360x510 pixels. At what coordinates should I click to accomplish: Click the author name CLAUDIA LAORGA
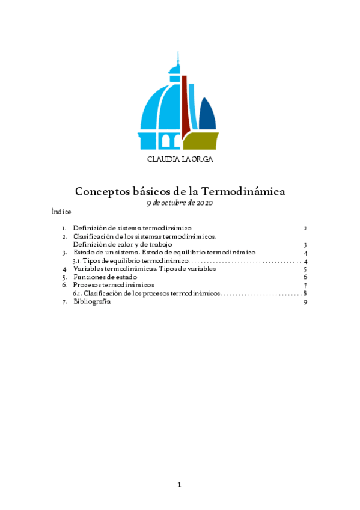(180, 160)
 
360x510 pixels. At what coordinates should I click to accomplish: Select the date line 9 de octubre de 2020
(180, 203)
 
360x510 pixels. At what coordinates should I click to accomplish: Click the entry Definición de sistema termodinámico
(132, 229)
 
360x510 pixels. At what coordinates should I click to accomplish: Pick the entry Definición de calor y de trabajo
(123, 245)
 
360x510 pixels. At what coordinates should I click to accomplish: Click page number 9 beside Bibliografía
(305, 303)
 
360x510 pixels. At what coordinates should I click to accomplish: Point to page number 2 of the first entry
(305, 229)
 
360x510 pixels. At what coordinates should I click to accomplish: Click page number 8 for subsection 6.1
(305, 293)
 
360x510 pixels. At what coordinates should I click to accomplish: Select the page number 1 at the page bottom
(179, 485)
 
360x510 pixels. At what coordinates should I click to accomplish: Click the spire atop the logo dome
(177, 60)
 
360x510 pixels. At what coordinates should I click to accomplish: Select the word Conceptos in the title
(101, 191)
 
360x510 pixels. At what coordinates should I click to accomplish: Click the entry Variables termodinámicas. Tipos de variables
(144, 269)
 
